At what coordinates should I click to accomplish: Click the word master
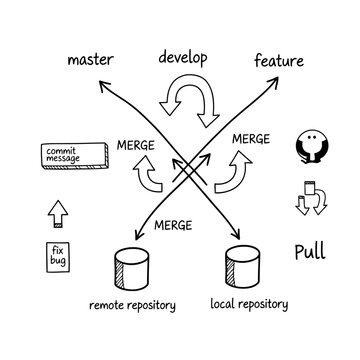coord(89,59)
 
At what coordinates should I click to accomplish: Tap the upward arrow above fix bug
coord(55,211)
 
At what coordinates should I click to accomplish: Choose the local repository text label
coord(249,303)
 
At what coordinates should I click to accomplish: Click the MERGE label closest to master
coord(134,145)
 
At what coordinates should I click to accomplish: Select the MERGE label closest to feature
coord(249,139)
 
